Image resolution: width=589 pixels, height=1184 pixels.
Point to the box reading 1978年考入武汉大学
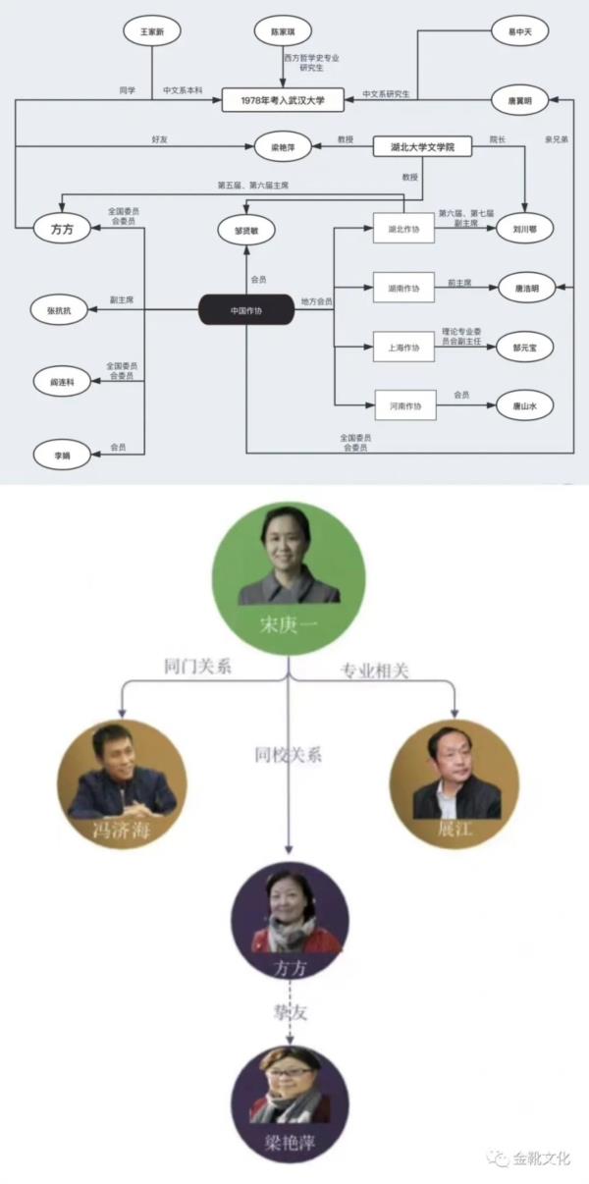286,99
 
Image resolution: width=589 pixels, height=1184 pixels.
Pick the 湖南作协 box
403,288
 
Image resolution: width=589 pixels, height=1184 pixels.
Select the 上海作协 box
403,346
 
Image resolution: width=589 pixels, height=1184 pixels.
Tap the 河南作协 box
403,404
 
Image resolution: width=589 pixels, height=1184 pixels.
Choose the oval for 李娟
61,454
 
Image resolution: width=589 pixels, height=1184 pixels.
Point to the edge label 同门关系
196,667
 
